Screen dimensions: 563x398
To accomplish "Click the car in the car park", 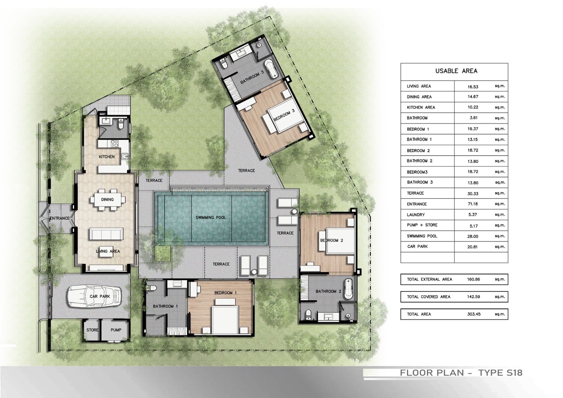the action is [95, 296].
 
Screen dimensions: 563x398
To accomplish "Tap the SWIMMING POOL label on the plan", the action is [211, 217].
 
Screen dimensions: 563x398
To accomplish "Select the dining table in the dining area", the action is [108, 200].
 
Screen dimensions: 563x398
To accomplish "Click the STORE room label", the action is [92, 330].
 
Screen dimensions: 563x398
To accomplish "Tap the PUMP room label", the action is [116, 330].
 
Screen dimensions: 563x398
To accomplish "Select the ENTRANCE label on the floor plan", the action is [59, 218].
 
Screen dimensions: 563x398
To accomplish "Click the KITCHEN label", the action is [107, 157].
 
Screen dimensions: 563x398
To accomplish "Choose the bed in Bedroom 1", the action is [225, 316].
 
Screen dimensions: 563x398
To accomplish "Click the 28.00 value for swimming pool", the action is [473, 236].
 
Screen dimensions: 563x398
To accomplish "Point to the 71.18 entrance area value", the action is [473, 204].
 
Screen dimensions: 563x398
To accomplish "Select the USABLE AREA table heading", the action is [456, 71].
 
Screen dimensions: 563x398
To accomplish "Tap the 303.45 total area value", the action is [474, 314].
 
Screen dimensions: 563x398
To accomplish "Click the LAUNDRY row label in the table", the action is [416, 215].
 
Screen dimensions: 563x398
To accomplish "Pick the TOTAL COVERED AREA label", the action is [429, 297].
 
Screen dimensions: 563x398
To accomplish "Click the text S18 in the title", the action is [512, 372].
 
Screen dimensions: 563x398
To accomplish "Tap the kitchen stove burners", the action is [114, 143].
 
